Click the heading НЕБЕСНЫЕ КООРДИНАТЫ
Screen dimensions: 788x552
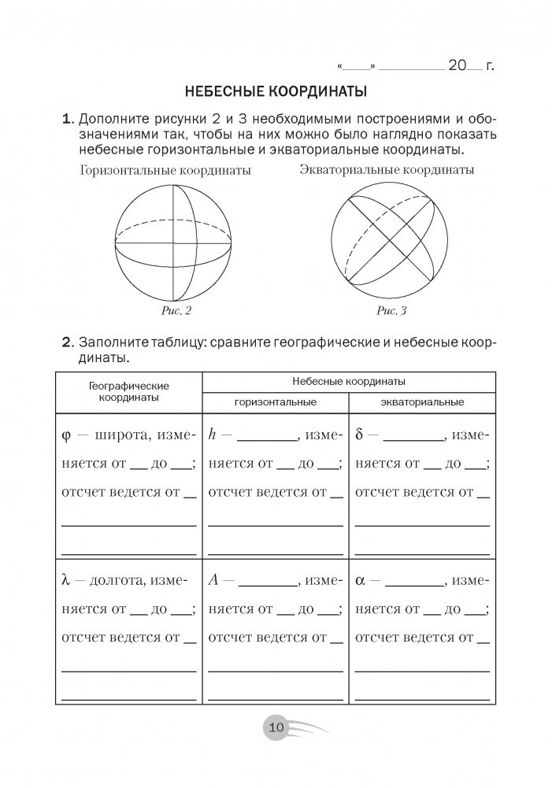pyautogui.click(x=276, y=91)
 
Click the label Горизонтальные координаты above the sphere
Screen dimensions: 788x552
pyautogui.click(x=165, y=171)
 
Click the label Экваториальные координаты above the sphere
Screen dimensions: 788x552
pyautogui.click(x=387, y=170)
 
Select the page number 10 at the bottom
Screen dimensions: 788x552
pyautogui.click(x=276, y=727)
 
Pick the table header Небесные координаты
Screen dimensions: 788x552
pyautogui.click(x=348, y=381)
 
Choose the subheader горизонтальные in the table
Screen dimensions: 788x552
pyautogui.click(x=275, y=402)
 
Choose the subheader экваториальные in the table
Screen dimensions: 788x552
pyautogui.click(x=421, y=402)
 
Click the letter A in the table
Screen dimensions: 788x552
pyautogui.click(x=213, y=581)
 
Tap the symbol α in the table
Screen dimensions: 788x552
pyautogui.click(x=360, y=582)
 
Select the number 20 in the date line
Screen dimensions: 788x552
pyautogui.click(x=458, y=65)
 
